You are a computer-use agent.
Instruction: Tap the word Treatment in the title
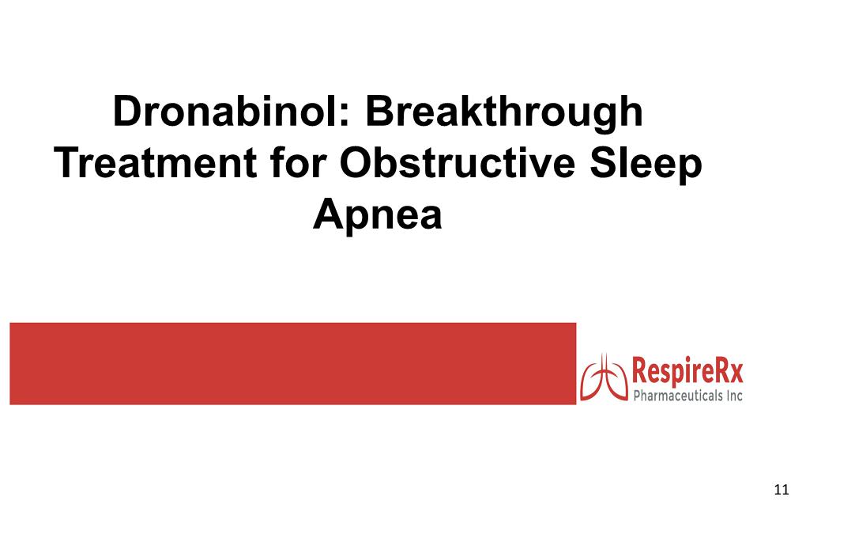[156, 163]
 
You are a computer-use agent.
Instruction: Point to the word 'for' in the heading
[298, 162]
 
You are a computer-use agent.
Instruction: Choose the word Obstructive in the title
[458, 162]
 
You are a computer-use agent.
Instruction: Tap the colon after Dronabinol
[344, 115]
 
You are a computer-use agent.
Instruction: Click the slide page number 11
[781, 490]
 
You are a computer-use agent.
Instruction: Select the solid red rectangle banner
[293, 363]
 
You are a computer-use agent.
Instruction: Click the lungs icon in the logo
[604, 377]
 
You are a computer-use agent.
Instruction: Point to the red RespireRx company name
[687, 371]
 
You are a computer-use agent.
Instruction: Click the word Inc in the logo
[734, 396]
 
